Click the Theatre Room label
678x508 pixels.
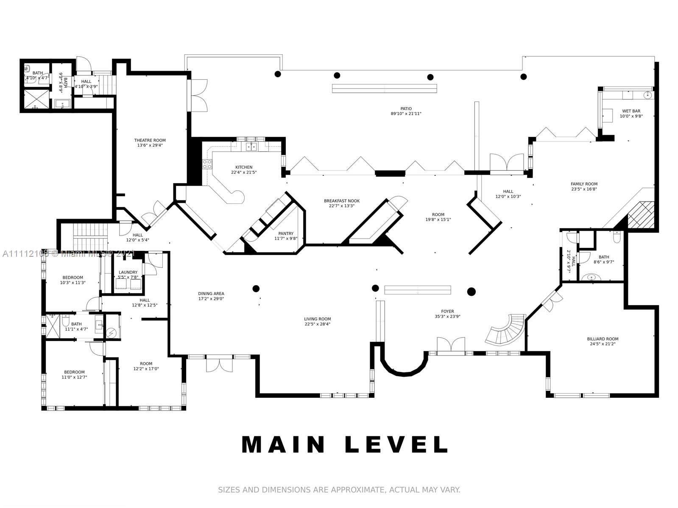click(150, 140)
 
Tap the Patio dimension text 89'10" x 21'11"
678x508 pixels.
click(406, 114)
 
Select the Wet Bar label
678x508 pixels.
click(631, 111)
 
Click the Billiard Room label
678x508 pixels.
click(603, 339)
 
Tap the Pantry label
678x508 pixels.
click(286, 233)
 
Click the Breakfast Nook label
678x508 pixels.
click(342, 201)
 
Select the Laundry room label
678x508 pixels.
click(128, 272)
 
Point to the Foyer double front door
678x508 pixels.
click(451, 344)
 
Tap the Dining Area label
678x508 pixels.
click(211, 294)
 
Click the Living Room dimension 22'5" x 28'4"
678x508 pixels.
click(317, 324)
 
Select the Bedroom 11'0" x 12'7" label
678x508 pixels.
click(74, 372)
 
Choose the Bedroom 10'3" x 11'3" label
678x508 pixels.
click(73, 278)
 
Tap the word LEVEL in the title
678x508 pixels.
click(397, 444)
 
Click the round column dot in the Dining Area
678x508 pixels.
click(256, 289)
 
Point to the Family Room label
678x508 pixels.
click(584, 184)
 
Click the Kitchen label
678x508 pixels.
click(244, 167)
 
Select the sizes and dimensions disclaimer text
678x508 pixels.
click(339, 490)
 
